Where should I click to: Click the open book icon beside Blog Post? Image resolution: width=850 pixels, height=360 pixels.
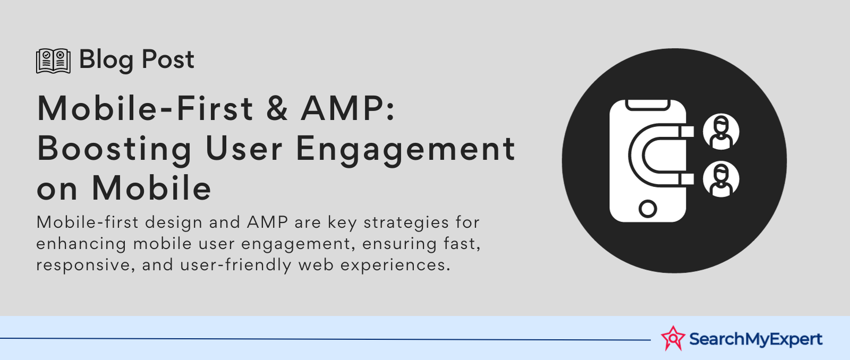click(x=53, y=61)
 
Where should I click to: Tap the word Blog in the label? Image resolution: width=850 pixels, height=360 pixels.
click(x=106, y=61)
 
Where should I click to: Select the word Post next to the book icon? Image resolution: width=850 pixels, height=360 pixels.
click(x=168, y=59)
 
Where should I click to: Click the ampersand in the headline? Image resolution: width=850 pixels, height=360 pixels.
click(x=277, y=108)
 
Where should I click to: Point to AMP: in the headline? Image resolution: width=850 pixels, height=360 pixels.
click(x=348, y=108)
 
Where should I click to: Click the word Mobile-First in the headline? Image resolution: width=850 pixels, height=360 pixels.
click(x=144, y=108)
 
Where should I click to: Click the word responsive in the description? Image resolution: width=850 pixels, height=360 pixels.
click(x=83, y=265)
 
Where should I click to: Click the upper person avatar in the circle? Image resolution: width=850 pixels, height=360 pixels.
click(x=720, y=132)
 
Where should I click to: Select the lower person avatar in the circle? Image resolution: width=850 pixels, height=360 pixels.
click(x=720, y=179)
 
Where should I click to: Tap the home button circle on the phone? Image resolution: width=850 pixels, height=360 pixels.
click(x=648, y=208)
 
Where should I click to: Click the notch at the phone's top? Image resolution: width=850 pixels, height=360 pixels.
click(x=648, y=105)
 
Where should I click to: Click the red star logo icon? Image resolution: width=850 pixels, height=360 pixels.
click(x=673, y=338)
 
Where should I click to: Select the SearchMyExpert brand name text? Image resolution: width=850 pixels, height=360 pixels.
click(x=755, y=339)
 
